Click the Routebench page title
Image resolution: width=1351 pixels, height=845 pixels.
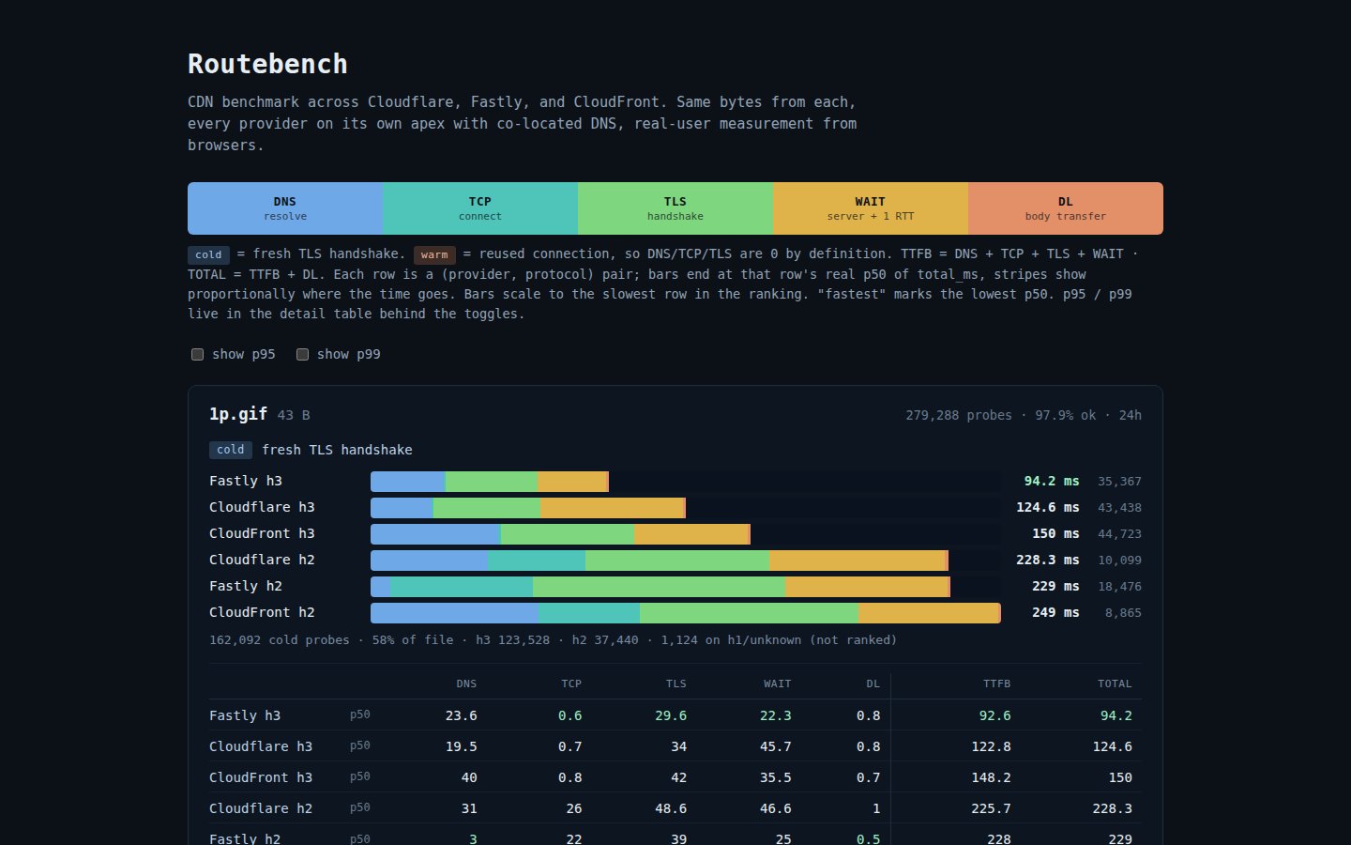point(267,64)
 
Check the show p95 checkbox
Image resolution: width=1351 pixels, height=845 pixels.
point(198,354)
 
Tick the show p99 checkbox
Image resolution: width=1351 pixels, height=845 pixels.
point(303,354)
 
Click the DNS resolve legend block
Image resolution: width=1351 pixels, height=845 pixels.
point(285,208)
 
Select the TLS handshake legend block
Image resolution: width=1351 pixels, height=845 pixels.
point(675,208)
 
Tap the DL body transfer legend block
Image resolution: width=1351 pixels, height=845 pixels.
point(1065,208)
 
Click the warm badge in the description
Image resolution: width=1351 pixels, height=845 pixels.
point(434,254)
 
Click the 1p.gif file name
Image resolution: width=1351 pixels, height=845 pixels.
point(238,414)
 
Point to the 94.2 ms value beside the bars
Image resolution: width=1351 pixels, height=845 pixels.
point(1051,481)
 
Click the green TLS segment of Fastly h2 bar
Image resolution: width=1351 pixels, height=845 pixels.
point(659,587)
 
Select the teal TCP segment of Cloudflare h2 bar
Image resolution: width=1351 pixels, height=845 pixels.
point(537,561)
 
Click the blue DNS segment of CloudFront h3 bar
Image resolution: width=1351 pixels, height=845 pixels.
point(435,534)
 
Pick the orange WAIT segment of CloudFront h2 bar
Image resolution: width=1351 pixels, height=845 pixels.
point(929,613)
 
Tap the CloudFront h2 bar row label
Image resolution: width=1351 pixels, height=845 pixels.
point(262,612)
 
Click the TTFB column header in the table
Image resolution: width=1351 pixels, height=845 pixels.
point(996,684)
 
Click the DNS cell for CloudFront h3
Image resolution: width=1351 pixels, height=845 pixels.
point(469,777)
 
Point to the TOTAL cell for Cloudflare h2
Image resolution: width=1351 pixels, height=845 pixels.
point(1112,808)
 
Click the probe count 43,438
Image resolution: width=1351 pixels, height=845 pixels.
point(1119,508)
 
